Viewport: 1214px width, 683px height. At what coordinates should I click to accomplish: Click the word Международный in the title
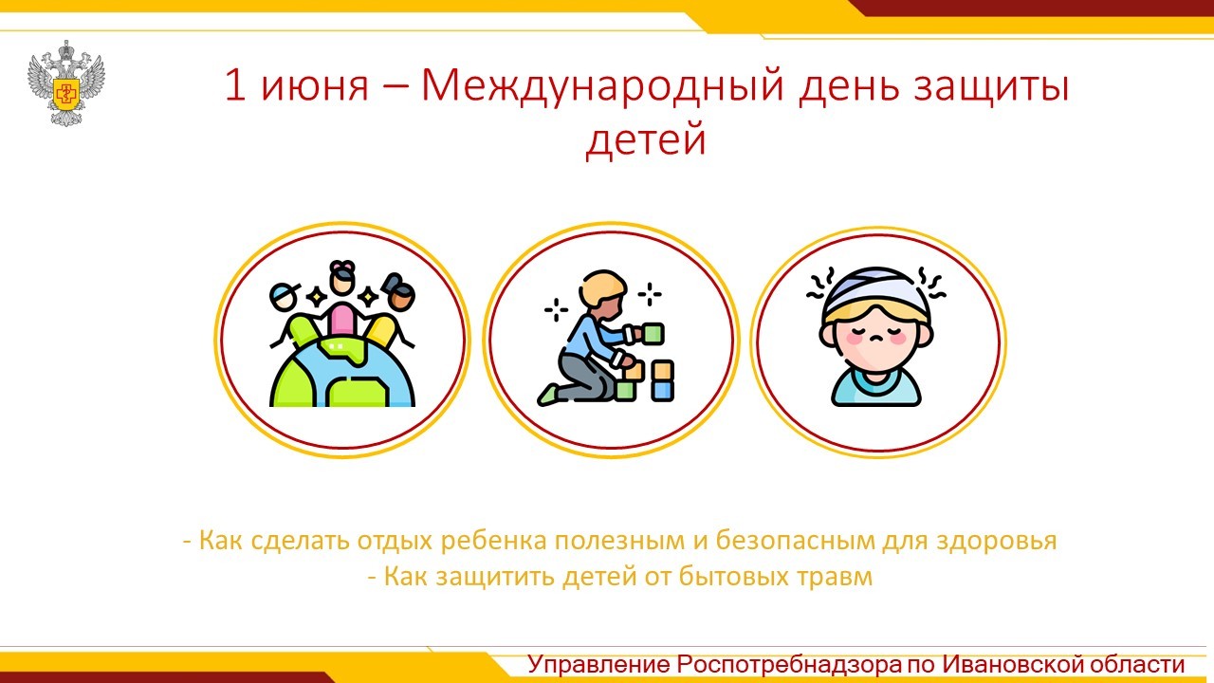pyautogui.click(x=602, y=86)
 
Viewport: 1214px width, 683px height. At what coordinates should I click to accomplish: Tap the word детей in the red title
pyautogui.click(x=646, y=139)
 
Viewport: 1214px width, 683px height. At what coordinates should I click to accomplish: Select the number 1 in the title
pyautogui.click(x=235, y=84)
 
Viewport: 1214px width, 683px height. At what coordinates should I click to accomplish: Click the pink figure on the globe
pyautogui.click(x=342, y=321)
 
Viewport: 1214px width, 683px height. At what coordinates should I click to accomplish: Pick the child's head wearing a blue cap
pyautogui.click(x=284, y=297)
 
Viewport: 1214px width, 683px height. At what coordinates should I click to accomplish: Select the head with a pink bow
pyautogui.click(x=342, y=278)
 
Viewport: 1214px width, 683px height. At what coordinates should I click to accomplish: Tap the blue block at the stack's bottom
pyautogui.click(x=662, y=390)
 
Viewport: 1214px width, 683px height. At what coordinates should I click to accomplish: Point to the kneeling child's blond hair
pyautogui.click(x=601, y=289)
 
